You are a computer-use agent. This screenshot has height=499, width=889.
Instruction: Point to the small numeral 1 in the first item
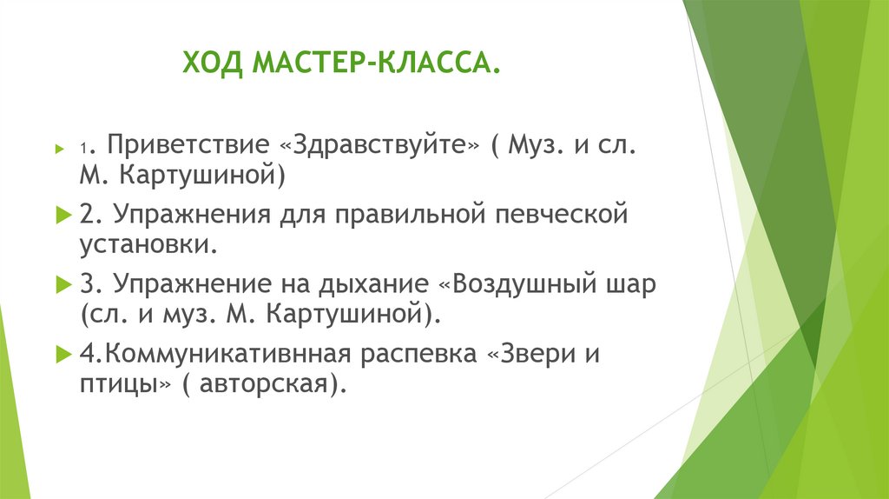pyautogui.click(x=83, y=148)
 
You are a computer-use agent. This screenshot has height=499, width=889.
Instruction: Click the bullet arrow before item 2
pyautogui.click(x=61, y=213)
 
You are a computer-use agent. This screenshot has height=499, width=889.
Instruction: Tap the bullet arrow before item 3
pyautogui.click(x=61, y=284)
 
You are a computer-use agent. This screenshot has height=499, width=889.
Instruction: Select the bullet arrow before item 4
pyautogui.click(x=61, y=355)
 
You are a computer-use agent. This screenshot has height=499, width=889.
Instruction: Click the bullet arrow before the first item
pyautogui.click(x=61, y=147)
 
